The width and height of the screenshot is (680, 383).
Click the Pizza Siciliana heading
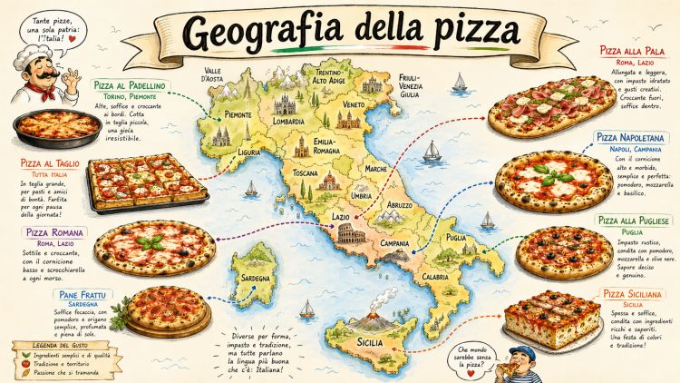(x=635, y=294)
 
